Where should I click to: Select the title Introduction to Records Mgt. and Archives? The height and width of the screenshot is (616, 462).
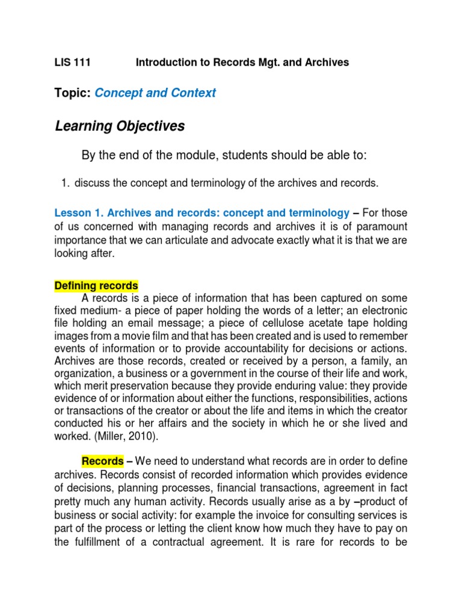click(x=242, y=63)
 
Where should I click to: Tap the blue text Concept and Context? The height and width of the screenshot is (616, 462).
click(x=155, y=93)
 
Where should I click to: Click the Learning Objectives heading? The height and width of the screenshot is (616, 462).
click(x=120, y=126)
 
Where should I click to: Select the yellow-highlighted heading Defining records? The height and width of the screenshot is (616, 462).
click(x=96, y=285)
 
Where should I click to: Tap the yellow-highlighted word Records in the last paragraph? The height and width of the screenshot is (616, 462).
click(x=103, y=461)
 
